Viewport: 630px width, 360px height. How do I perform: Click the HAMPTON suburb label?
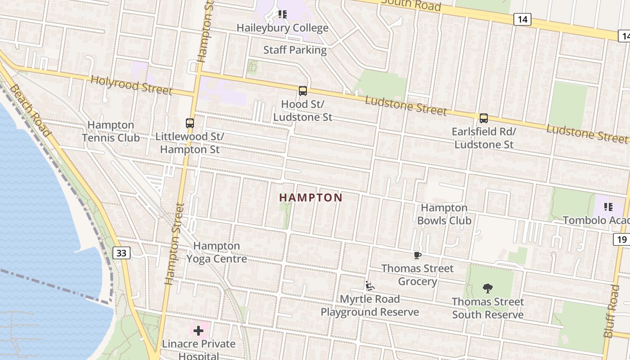(x=311, y=198)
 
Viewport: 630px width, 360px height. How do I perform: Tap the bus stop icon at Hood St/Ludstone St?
(x=303, y=91)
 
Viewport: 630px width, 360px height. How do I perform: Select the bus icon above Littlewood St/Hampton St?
(x=190, y=123)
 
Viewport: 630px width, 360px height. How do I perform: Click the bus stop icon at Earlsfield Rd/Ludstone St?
(x=484, y=118)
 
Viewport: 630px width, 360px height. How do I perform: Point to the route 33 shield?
(x=121, y=253)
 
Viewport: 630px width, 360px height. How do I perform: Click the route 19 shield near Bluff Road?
(x=621, y=239)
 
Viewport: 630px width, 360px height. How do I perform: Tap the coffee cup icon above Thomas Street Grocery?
(x=418, y=256)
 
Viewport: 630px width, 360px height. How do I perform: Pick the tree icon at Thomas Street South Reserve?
(x=487, y=288)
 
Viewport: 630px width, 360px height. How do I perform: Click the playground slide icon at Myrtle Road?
(x=370, y=286)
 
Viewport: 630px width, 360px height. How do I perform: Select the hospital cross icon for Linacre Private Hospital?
(x=198, y=331)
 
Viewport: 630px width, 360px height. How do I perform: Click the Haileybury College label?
(x=283, y=28)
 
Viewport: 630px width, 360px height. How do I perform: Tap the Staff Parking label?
(x=295, y=50)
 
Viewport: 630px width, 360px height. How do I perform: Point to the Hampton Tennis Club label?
(x=111, y=131)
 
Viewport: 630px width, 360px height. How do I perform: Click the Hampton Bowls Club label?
(x=444, y=214)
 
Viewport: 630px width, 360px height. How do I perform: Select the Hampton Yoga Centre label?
(x=217, y=252)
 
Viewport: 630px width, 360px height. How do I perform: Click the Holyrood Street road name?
(x=131, y=85)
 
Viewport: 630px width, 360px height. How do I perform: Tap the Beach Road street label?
(x=30, y=110)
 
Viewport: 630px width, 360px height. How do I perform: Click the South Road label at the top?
(x=411, y=5)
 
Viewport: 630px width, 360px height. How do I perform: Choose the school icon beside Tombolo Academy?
(x=608, y=207)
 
